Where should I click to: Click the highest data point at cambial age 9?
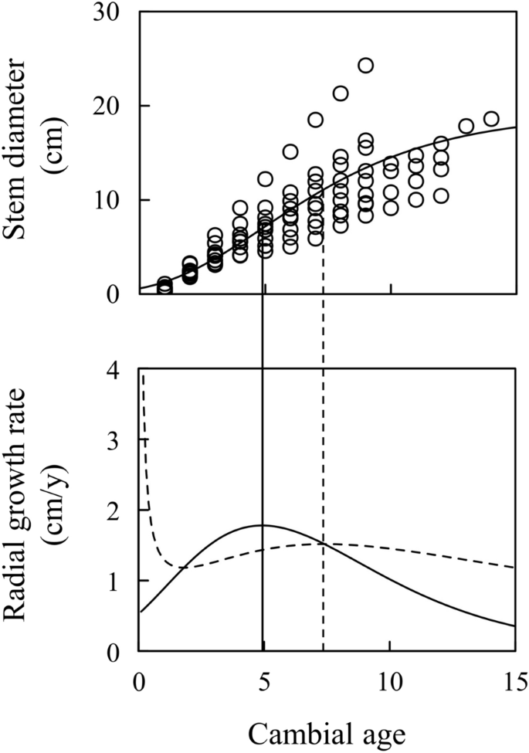click(365, 65)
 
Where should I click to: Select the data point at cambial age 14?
click(491, 118)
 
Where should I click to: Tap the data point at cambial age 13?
click(466, 126)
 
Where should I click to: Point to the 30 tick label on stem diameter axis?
click(108, 12)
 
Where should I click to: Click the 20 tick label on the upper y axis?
click(108, 106)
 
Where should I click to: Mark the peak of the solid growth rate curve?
click(263, 525)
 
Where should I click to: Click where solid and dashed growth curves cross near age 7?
click(324, 544)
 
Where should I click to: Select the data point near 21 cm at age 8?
click(340, 93)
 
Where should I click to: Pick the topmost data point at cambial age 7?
click(315, 119)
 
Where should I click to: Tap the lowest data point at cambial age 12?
click(441, 195)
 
